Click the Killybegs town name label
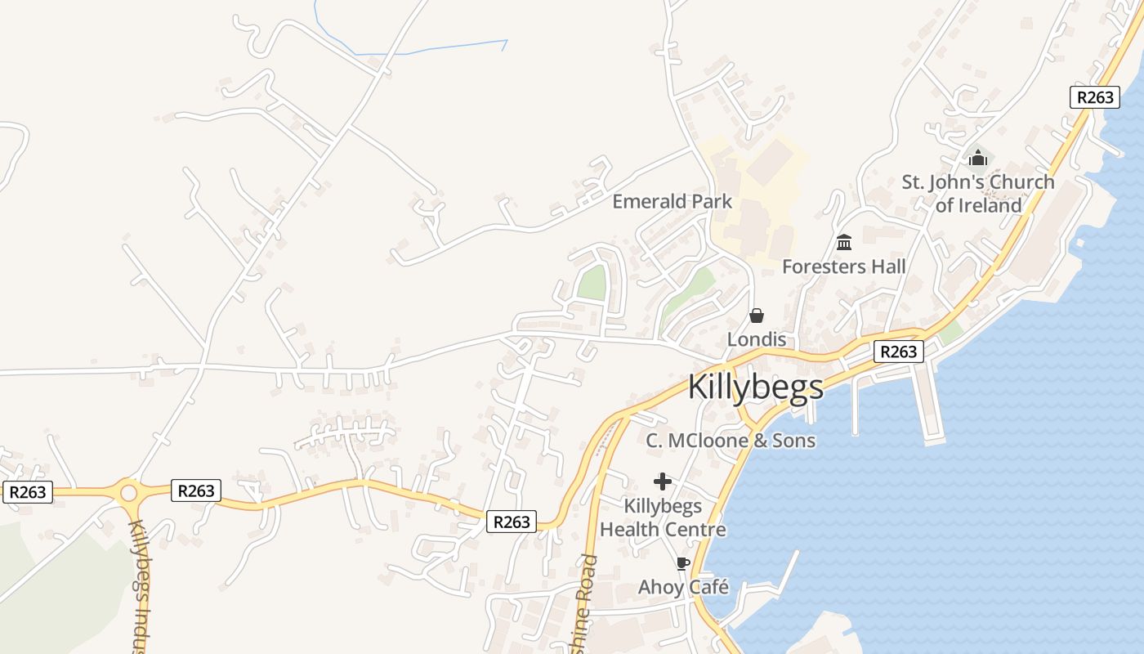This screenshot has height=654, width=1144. [756, 387]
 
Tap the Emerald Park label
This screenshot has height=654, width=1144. [672, 201]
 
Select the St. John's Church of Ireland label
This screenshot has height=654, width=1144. [978, 194]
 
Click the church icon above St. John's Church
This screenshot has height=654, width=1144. [978, 158]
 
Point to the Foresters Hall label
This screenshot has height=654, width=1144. [843, 267]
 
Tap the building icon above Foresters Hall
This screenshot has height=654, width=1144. [844, 243]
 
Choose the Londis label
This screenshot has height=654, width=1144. [757, 339]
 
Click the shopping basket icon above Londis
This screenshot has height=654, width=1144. [757, 316]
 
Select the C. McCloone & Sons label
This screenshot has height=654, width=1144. [731, 441]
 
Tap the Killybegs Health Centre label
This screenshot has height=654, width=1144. [663, 517]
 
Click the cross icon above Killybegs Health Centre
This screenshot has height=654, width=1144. [663, 482]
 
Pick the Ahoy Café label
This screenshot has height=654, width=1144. [683, 587]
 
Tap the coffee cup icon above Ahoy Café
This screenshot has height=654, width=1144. [683, 563]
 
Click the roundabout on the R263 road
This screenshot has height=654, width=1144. [128, 493]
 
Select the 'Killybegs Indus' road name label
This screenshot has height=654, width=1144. [140, 585]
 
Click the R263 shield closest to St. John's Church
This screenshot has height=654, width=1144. [1094, 96]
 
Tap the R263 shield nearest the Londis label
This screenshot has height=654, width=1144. [899, 352]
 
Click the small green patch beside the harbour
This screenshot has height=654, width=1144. [950, 333]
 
